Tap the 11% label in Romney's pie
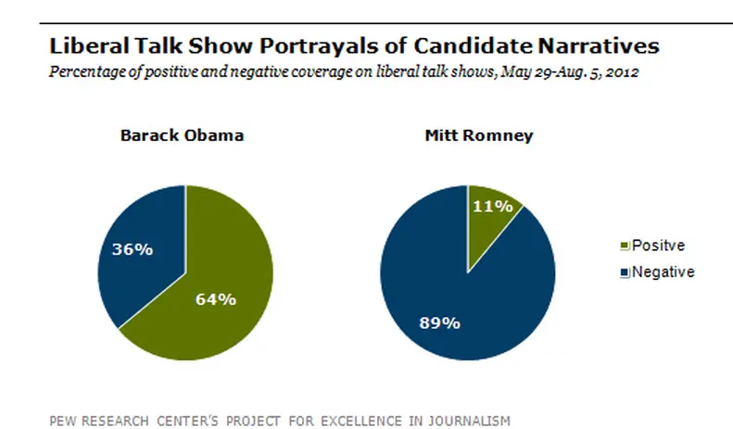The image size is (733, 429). [493, 206]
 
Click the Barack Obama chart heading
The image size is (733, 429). [182, 135]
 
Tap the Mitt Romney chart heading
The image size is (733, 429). [467, 135]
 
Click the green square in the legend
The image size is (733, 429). [623, 246]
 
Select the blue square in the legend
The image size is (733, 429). [623, 271]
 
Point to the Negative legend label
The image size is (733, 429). [662, 271]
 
